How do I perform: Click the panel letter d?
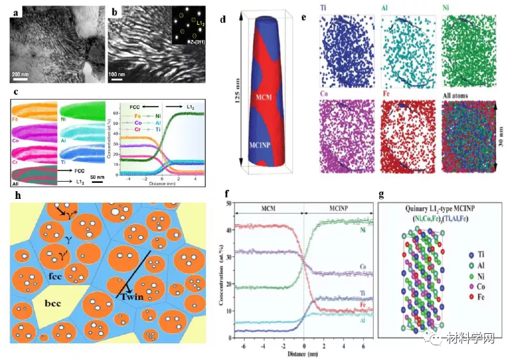[223, 19]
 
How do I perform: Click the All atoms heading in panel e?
[462, 95]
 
